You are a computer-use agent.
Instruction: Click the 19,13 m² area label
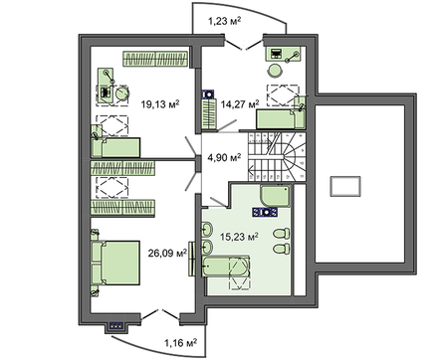[159, 101]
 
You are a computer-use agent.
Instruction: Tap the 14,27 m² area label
[240, 102]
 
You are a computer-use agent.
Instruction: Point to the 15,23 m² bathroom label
[240, 237]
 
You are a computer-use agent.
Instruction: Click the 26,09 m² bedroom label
[168, 254]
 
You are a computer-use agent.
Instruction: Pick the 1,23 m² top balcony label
[228, 20]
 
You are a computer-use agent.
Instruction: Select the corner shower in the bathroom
[273, 196]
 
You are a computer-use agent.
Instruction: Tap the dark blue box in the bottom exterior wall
[115, 323]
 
